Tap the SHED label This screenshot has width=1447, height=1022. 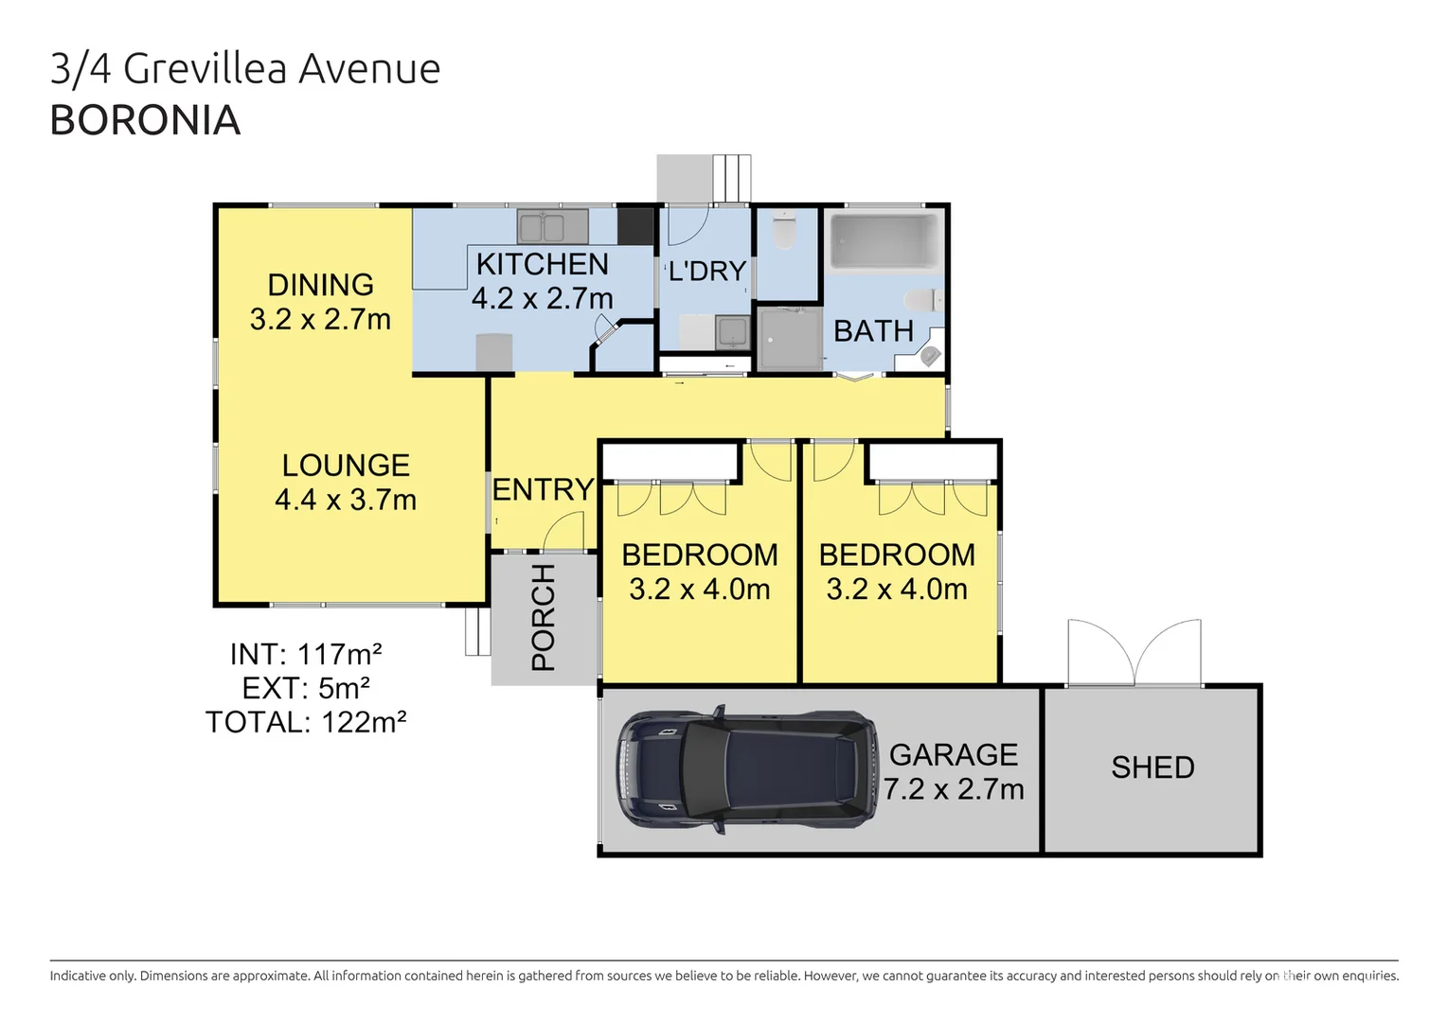(x=1152, y=767)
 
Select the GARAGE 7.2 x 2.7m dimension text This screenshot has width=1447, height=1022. (x=954, y=788)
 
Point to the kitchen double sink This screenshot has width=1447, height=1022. (x=552, y=227)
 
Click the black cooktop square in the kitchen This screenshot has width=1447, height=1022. (x=635, y=226)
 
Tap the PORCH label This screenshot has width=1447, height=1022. (x=544, y=617)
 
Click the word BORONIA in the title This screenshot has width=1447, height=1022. (x=145, y=120)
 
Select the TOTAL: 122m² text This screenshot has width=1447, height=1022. (x=306, y=722)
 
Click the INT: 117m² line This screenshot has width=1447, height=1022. (x=306, y=654)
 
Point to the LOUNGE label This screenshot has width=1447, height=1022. (x=346, y=466)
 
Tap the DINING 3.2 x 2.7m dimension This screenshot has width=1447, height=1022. (x=320, y=319)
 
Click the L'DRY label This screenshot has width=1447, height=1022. (x=707, y=272)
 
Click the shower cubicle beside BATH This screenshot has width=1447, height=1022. (x=790, y=338)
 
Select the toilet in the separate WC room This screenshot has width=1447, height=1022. (x=785, y=231)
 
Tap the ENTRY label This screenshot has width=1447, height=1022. (x=543, y=489)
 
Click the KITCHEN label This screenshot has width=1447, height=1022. (x=542, y=264)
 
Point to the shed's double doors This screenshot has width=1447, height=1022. (x=1134, y=653)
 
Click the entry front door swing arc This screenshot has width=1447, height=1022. (x=565, y=531)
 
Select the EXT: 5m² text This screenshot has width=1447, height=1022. (x=306, y=688)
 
